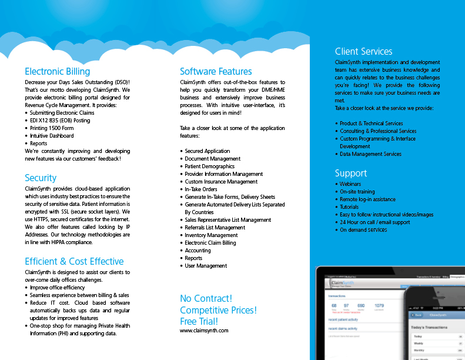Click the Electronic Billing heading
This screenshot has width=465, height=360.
point(57,72)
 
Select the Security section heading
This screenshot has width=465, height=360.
point(41,178)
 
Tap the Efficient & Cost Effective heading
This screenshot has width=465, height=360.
point(74,261)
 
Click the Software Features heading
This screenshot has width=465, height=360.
point(216,72)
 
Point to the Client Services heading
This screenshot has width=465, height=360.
point(363,51)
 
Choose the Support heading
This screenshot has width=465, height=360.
point(351,173)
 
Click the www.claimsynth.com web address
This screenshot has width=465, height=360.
point(204,331)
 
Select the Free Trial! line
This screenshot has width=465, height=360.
point(199,321)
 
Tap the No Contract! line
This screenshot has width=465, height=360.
point(206,299)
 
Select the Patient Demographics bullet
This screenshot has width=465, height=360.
point(210,166)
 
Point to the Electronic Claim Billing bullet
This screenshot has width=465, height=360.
point(210,243)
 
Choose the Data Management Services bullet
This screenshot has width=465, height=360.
point(370,154)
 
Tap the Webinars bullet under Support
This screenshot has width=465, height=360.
point(350,184)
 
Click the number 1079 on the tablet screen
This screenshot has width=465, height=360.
point(379,306)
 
